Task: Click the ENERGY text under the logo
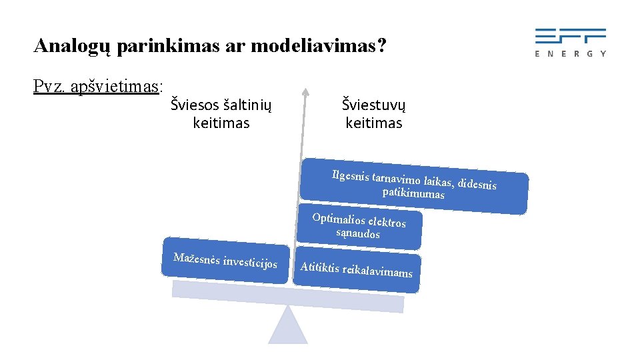coord(571,53)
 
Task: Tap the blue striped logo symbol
coord(571,35)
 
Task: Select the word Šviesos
coord(194,104)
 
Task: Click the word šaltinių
coord(248,104)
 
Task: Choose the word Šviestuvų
coord(373,104)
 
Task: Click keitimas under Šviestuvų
coord(373,123)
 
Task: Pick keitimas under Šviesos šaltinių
coord(221,123)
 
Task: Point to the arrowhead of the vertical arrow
coord(305,92)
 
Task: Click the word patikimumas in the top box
coord(413,193)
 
